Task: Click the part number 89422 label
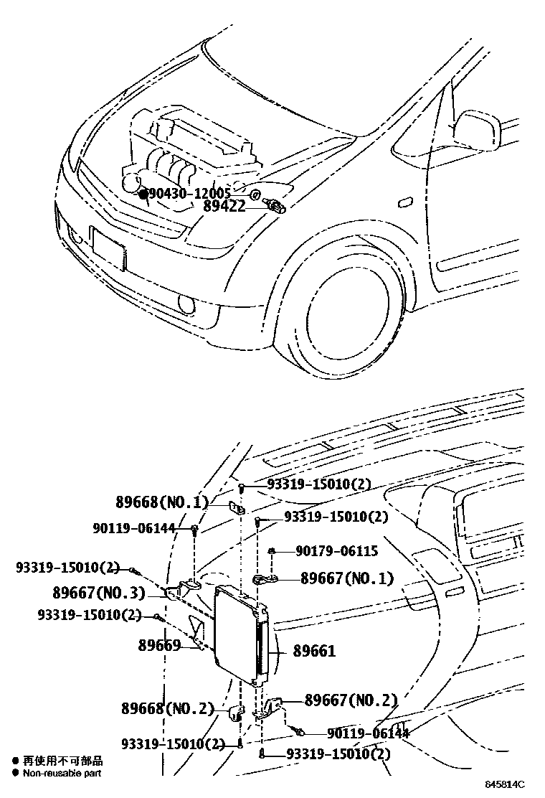pyautogui.click(x=224, y=207)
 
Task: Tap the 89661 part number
pyautogui.click(x=314, y=652)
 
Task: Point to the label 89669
pyautogui.click(x=159, y=645)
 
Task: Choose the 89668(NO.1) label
pyautogui.click(x=161, y=502)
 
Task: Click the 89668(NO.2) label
pyautogui.click(x=166, y=709)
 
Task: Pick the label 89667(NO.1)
pyautogui.click(x=347, y=578)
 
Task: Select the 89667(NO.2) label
pyautogui.click(x=351, y=700)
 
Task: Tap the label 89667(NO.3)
pyautogui.click(x=99, y=593)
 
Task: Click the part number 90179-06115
pyautogui.click(x=336, y=551)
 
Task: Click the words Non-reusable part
pyautogui.click(x=62, y=774)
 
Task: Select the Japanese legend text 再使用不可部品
pyautogui.click(x=62, y=761)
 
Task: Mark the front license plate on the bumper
pyautogui.click(x=108, y=248)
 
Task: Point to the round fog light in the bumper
pyautogui.click(x=186, y=307)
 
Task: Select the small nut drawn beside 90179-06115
pyautogui.click(x=273, y=551)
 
